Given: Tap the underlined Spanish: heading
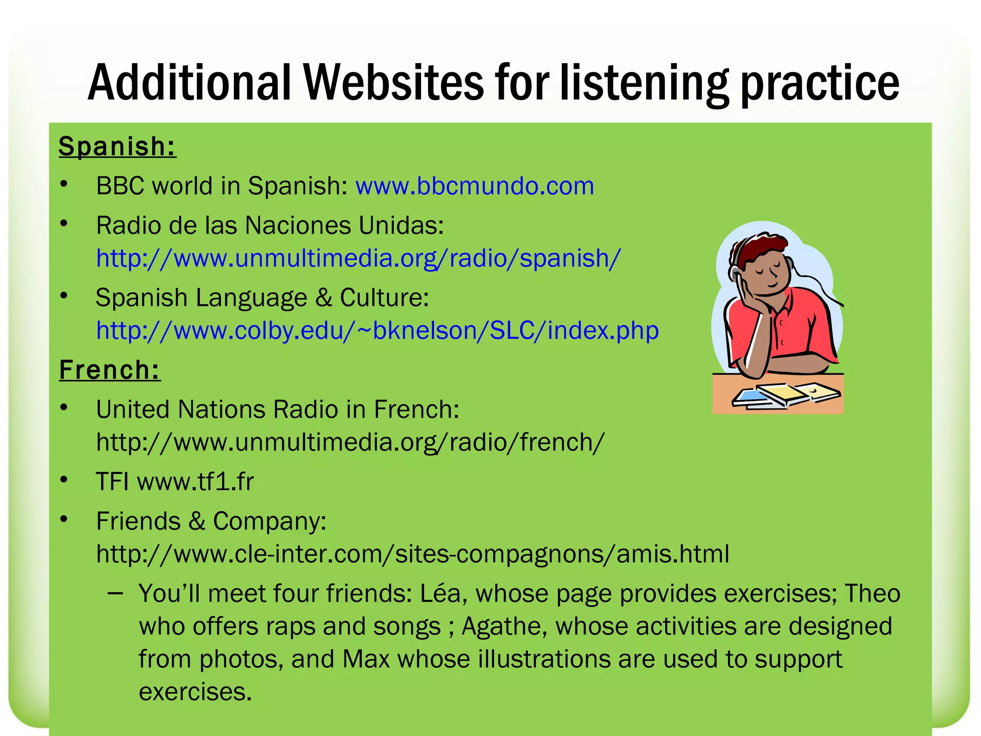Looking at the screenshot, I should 117,146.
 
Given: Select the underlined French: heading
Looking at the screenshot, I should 110,370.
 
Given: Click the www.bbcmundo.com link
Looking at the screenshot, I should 474,186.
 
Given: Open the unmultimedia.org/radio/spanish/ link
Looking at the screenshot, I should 358,258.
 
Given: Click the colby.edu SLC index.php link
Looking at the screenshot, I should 377,330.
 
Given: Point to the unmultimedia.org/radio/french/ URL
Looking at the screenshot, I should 350,442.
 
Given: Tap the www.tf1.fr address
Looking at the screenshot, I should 195,482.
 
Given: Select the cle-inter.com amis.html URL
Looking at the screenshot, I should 412,554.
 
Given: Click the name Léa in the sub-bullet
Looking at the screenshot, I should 440,594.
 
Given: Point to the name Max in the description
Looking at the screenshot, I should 365,659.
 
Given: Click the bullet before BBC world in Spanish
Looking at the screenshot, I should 64,184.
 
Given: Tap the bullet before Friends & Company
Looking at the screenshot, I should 64,519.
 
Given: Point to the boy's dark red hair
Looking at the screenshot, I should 762,247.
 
